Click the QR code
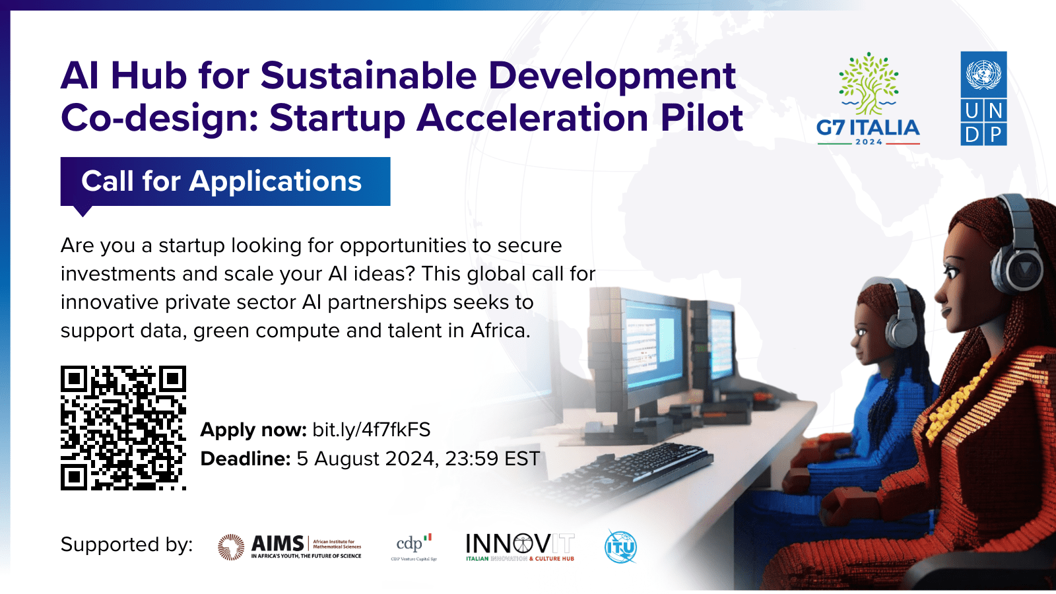click(123, 428)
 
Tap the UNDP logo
click(983, 98)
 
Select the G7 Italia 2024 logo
click(868, 99)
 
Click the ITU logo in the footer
click(620, 546)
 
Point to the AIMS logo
click(290, 546)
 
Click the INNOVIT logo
click(520, 546)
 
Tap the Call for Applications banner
click(224, 181)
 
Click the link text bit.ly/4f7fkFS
click(371, 430)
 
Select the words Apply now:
click(253, 430)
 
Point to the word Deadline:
click(246, 459)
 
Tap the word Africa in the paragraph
click(498, 330)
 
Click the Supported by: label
click(127, 544)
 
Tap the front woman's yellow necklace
click(950, 403)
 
